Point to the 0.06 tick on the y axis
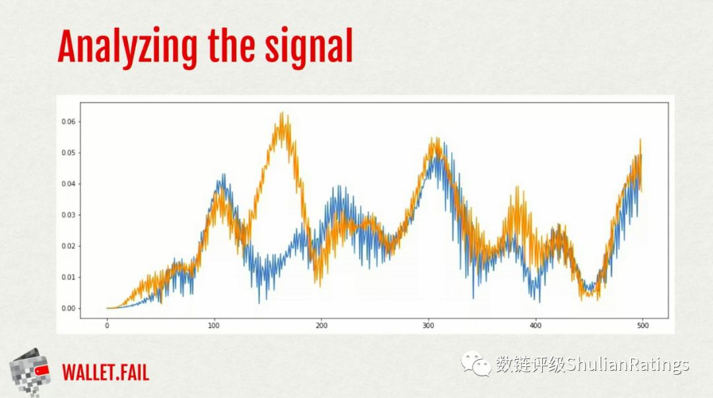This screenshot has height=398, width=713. click(69, 122)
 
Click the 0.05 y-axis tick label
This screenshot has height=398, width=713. click(69, 153)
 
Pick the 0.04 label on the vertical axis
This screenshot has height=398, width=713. click(69, 184)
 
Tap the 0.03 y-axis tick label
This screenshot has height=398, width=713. click(69, 215)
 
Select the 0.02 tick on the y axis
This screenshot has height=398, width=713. click(69, 246)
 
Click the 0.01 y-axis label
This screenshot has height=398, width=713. click(69, 277)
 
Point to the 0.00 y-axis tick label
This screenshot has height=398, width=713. click(69, 308)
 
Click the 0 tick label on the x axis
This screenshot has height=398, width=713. click(107, 325)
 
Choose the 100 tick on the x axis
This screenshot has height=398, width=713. click(214, 325)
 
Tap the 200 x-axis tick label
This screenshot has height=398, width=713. click(321, 325)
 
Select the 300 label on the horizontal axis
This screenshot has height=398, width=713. click(428, 325)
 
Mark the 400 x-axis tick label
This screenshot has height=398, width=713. click(535, 325)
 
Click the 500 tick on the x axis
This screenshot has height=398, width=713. click(642, 325)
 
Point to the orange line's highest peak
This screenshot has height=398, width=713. click(282, 112)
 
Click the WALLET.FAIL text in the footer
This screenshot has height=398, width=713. click(106, 372)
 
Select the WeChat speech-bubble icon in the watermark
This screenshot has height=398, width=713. click(476, 364)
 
